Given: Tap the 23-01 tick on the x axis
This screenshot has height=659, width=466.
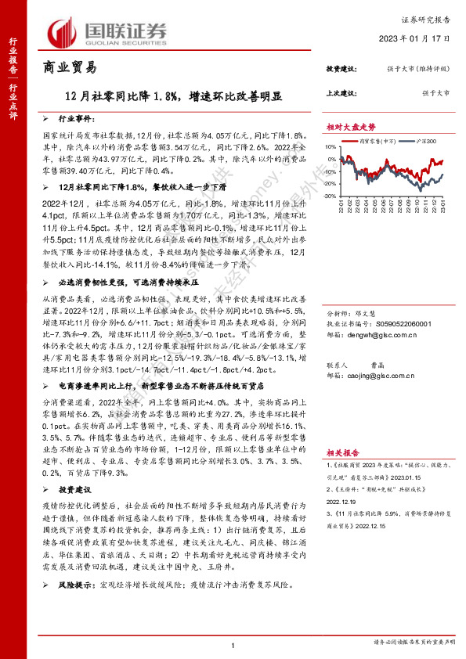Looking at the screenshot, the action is [x=444, y=207].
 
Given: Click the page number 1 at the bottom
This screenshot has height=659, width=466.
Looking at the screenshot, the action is [x=233, y=644].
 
